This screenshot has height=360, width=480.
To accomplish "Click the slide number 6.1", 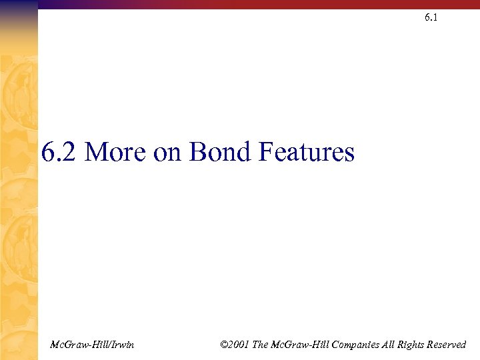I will click(x=431, y=18).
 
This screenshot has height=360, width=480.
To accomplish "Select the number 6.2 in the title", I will click(x=59, y=153).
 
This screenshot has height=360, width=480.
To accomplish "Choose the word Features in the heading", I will click(x=306, y=153).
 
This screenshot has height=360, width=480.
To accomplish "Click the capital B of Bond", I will click(x=197, y=153).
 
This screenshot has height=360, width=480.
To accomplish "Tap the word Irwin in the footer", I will click(x=121, y=345).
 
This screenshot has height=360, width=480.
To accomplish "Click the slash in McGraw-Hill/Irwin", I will click(x=105, y=345).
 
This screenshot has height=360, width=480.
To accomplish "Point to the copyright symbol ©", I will click(x=223, y=345).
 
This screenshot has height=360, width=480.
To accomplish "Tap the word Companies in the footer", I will click(x=356, y=345).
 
